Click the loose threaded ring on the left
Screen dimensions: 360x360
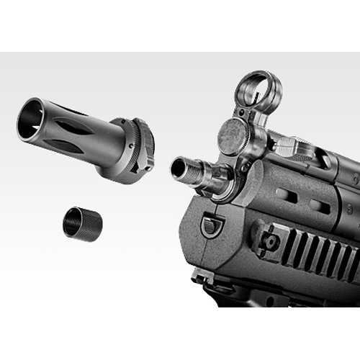coord(83,223)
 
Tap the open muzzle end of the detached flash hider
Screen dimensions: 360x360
coord(30,120)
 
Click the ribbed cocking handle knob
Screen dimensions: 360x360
coord(288,148)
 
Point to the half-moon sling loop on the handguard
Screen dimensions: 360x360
coord(210,225)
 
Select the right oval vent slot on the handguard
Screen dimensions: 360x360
coord(320,207)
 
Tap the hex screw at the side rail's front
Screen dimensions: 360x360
coord(271,241)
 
